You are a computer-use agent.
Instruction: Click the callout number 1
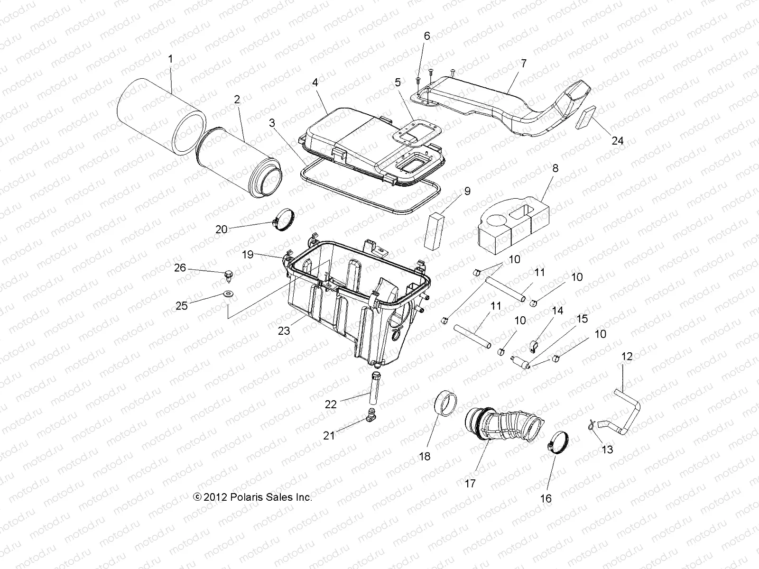170,59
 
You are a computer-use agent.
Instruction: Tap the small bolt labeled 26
230,274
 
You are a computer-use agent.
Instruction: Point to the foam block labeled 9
436,230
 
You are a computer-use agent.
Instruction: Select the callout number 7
523,63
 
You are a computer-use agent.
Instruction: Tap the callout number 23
284,331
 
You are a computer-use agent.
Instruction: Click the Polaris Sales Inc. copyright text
252,497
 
